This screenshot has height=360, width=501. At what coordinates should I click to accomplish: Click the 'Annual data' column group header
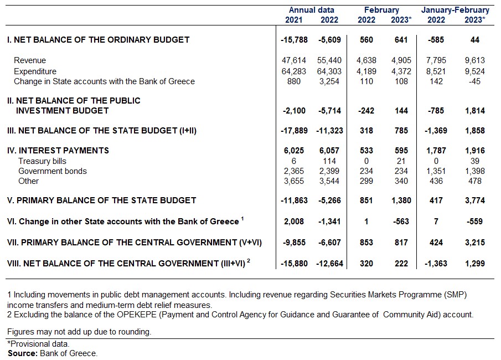pos(311,10)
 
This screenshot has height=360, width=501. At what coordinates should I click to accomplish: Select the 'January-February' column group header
pos(455,10)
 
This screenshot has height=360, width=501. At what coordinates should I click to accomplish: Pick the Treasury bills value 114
pos(333,161)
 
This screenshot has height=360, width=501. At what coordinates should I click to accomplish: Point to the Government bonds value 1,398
pos(475,171)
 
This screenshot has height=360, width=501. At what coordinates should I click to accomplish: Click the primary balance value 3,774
pos(475,200)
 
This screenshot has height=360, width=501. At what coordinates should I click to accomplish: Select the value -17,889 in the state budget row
pos(293,131)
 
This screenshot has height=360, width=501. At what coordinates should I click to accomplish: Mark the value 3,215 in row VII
pos(475,243)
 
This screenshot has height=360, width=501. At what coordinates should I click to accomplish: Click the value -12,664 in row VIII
pos(329,264)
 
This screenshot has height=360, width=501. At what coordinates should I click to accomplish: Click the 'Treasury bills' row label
pos(43,161)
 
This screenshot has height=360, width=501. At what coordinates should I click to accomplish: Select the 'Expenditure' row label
pos(35,71)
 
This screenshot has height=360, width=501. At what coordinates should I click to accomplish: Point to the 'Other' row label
pos(29,181)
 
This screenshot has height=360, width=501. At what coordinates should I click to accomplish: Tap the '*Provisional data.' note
pos(38,344)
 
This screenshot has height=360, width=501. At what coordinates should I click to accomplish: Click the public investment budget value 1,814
pos(475,111)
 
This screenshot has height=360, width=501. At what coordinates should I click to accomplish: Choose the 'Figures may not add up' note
pos(79,332)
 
